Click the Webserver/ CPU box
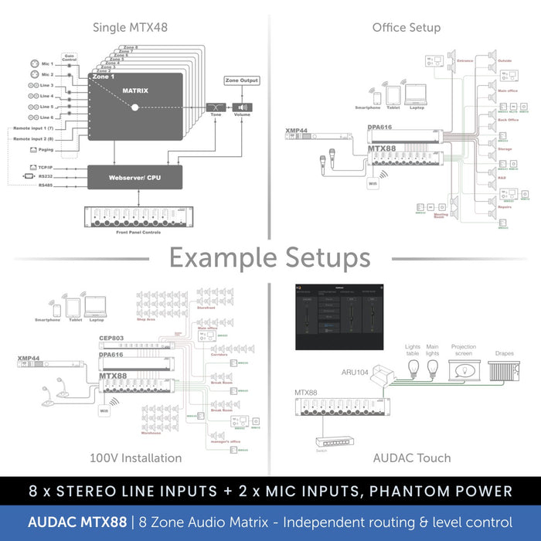pyautogui.click(x=134, y=177)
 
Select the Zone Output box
pyautogui.click(x=242, y=80)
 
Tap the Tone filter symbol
pyautogui.click(x=216, y=108)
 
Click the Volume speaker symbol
pyautogui.click(x=243, y=108)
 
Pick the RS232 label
pyautogui.click(x=46, y=176)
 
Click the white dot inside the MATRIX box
pyautogui.click(x=134, y=107)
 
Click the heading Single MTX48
pyautogui.click(x=130, y=28)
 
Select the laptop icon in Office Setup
pyautogui.click(x=417, y=94)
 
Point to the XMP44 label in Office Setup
pyautogui.click(x=296, y=130)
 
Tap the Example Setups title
pyautogui.click(x=270, y=257)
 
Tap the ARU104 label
pyautogui.click(x=355, y=373)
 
